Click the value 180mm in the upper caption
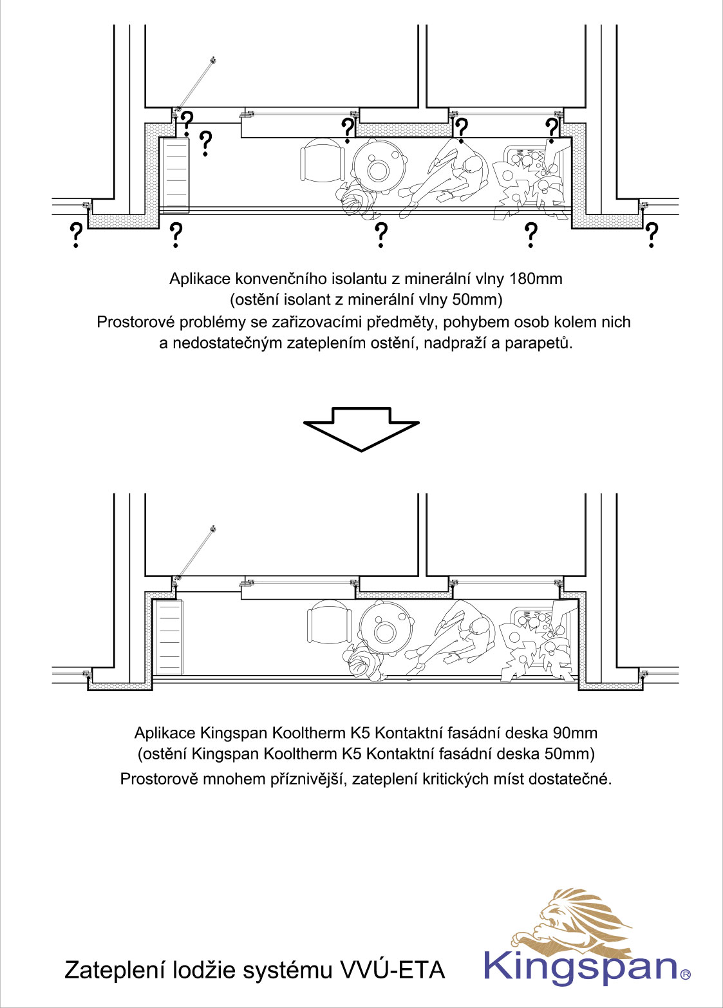pyautogui.click(x=536, y=279)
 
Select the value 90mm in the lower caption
pyautogui.click(x=575, y=733)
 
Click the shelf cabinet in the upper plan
pyautogui.click(x=174, y=175)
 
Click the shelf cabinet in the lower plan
pyautogui.click(x=169, y=636)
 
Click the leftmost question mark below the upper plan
pyautogui.click(x=76, y=236)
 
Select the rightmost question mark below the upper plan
pyautogui.click(x=652, y=236)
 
